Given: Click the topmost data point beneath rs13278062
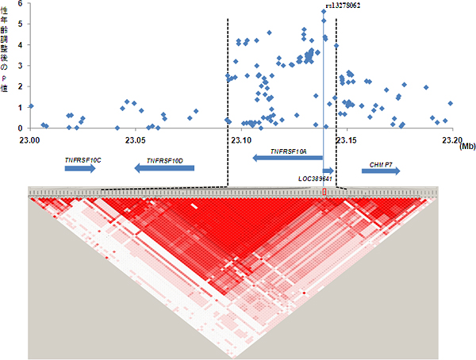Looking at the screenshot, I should [x=324, y=11].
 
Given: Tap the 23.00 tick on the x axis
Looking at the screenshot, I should [x=29, y=139].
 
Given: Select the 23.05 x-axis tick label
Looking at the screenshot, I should [x=134, y=139].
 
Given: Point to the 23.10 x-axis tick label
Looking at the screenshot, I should [x=240, y=139].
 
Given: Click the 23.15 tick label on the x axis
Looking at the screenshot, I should [x=346, y=139].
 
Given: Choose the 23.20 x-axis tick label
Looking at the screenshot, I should [x=451, y=139].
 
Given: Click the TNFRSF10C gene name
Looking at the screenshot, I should [x=83, y=159].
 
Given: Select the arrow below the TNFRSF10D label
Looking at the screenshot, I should [x=163, y=168].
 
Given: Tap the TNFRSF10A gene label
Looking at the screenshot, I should [x=288, y=150].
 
